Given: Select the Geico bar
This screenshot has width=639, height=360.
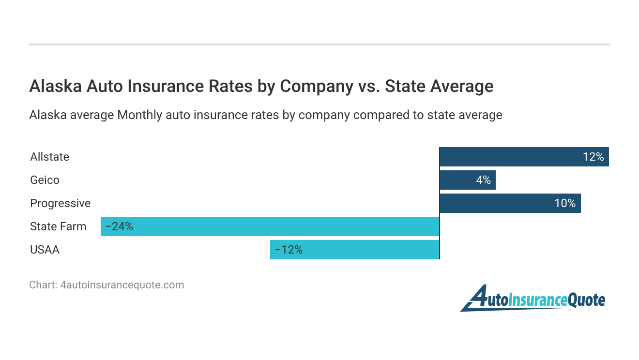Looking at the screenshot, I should pos(460,180).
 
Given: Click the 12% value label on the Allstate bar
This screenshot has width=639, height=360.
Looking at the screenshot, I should pos(593,157).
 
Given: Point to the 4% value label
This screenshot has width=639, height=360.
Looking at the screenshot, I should pos(483,180).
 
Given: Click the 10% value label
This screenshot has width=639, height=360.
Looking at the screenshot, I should pos(565,203).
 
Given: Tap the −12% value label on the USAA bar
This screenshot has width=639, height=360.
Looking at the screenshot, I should pos(289,250).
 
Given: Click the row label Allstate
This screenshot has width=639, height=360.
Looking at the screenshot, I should pos(49,157).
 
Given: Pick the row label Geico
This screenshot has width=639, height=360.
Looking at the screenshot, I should pos(45,180).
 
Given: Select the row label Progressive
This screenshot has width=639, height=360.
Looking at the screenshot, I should pos(60,203).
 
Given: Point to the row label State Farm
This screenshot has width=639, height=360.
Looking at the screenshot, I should pos(58,226).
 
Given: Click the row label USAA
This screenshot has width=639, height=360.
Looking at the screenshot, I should pos(45,250).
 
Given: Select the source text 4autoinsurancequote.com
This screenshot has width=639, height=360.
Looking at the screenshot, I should pos(122,285).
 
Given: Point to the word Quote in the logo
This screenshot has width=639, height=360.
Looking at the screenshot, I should pos(586,300).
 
